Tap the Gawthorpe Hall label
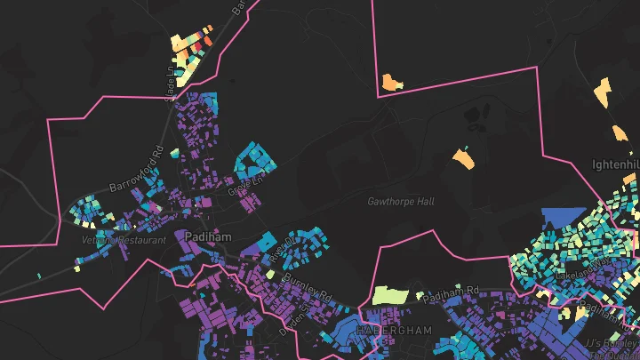[401, 202]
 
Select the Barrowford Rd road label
[135, 172]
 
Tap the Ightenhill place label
[616, 165]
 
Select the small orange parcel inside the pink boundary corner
[391, 84]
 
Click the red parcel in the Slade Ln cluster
[207, 40]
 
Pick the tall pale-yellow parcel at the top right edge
[603, 92]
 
